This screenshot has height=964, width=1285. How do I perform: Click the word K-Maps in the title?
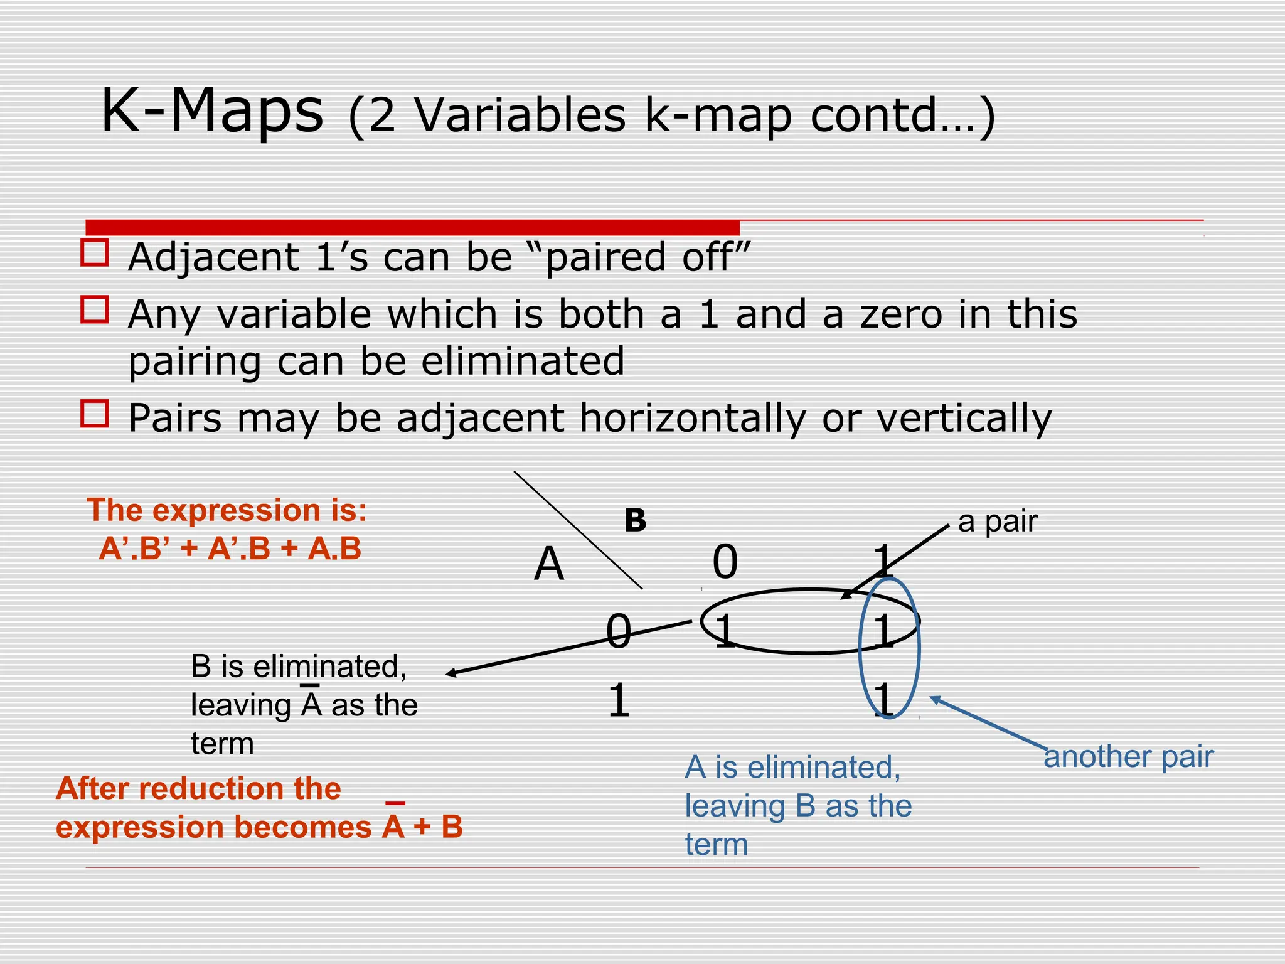(x=212, y=112)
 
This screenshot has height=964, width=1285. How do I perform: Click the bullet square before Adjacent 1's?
(x=95, y=252)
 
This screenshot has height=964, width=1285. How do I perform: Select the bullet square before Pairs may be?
(x=95, y=414)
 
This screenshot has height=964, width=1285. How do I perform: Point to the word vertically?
(x=964, y=419)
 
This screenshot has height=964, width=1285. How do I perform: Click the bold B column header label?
(x=635, y=521)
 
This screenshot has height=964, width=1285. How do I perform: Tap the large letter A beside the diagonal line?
(x=549, y=564)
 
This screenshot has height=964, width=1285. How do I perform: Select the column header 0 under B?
(x=725, y=562)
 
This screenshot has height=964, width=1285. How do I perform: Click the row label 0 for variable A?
(x=618, y=631)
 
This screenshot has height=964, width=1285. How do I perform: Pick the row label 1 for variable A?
(x=618, y=701)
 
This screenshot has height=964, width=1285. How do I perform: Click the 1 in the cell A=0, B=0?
(x=725, y=631)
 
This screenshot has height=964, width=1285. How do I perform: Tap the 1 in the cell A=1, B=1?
(x=884, y=700)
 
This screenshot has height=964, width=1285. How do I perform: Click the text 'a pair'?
(x=998, y=522)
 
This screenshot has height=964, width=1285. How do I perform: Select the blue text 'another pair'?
(x=1128, y=757)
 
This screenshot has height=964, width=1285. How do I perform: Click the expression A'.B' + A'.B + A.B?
(x=230, y=549)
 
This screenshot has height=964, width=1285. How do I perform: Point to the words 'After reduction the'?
(x=198, y=789)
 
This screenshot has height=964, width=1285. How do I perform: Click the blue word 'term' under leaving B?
(x=717, y=845)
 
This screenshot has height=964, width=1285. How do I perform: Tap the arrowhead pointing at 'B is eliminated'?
(x=451, y=674)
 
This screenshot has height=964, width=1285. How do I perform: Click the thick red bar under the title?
(x=412, y=227)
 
